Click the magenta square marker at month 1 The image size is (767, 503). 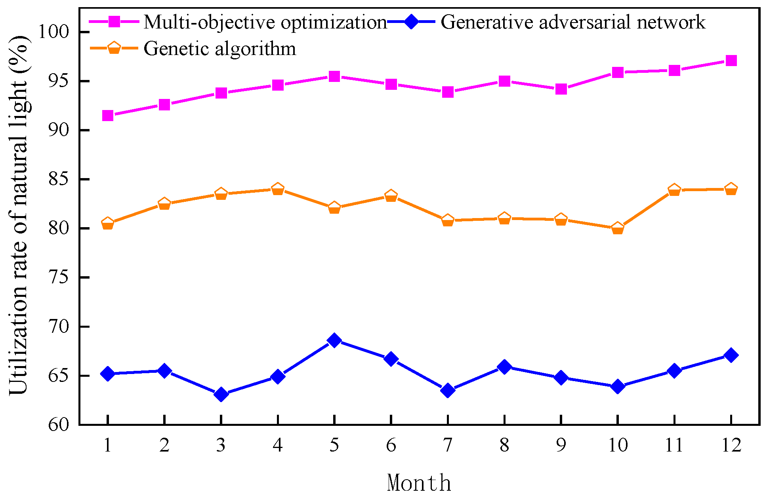coord(107,116)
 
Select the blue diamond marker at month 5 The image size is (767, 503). coord(334,340)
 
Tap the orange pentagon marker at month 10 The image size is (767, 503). coord(617,228)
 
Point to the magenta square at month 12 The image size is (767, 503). coord(731,61)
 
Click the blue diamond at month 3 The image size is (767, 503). coord(221,395)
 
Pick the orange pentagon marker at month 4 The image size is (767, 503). coord(278,189)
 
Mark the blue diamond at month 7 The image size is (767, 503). coord(448,391)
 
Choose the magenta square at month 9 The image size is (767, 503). coord(561,89)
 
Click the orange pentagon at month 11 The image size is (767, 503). coord(674,190)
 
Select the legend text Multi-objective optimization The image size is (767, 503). coord(265,22)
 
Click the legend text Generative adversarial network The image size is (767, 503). coord(572,22)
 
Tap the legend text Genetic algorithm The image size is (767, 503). coord(219,49)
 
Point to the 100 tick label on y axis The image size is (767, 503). coord(53,32)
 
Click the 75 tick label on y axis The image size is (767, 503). coord(58,277)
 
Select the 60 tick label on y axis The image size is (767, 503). coord(58,425)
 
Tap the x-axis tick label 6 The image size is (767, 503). coord(391,446)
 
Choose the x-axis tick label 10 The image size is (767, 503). coord(617,446)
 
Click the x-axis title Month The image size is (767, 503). coord(419,483)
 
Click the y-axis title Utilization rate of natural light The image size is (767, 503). coord(19,216)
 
